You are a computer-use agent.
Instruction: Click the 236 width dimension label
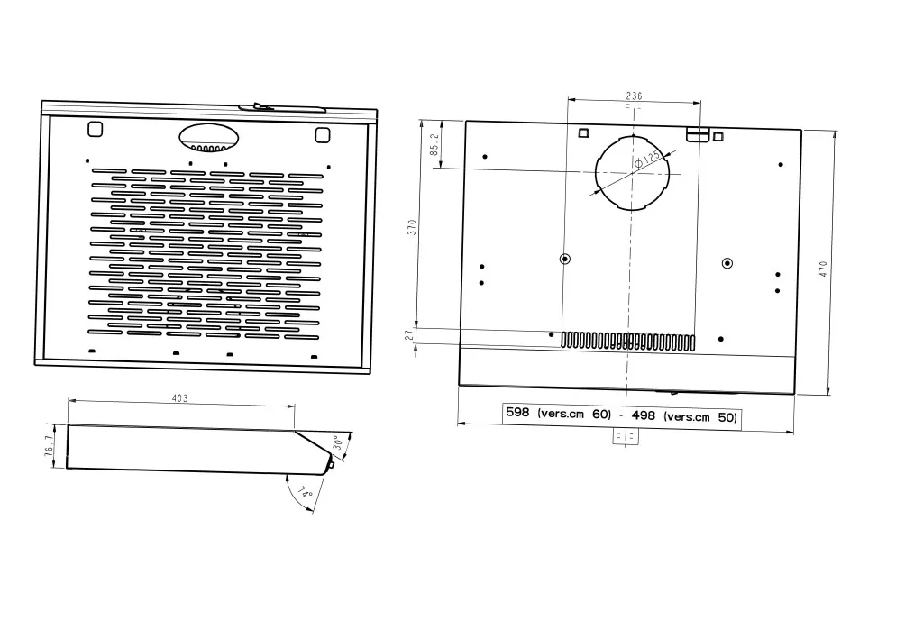point(634,96)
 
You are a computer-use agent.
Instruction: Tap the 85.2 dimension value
point(434,144)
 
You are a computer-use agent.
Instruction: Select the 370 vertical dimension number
point(411,227)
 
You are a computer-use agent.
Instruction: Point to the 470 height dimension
point(823,269)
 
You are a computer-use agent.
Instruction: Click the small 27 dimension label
point(410,335)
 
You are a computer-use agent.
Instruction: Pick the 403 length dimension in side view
point(179,398)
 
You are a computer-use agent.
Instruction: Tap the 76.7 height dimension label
point(49,445)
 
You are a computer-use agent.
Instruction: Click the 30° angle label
point(338,442)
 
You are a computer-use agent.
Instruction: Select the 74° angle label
point(305,492)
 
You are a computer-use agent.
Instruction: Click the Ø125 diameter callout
point(647,160)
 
